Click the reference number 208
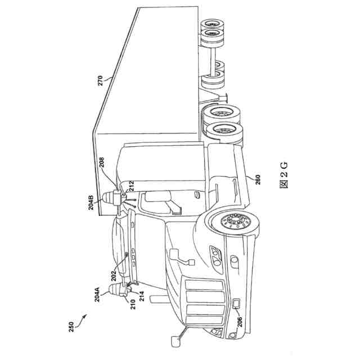(x=102, y=163)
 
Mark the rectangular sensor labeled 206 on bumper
(x=236, y=304)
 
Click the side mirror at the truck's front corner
(x=176, y=337)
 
